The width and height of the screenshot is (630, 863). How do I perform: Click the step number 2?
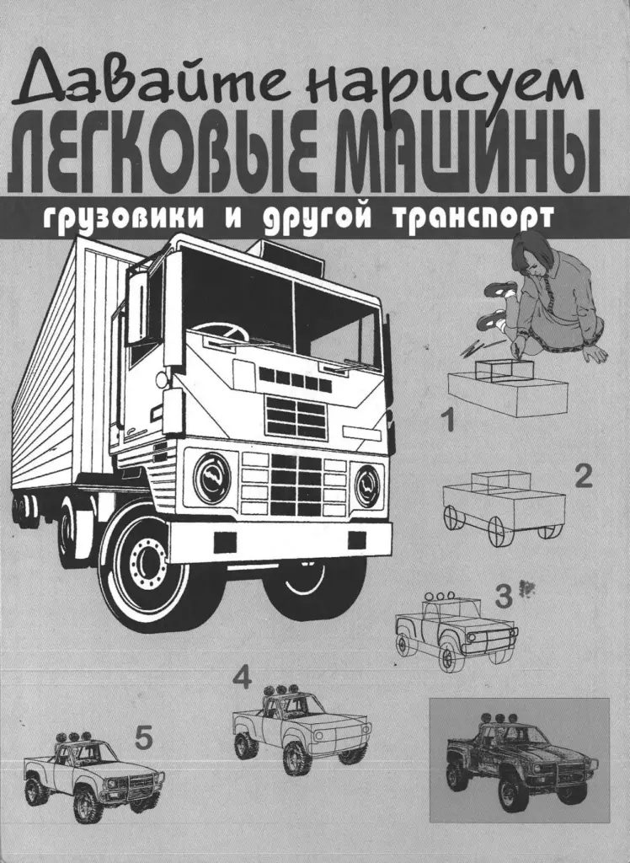(583, 477)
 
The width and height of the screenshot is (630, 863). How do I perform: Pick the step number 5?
(143, 739)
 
